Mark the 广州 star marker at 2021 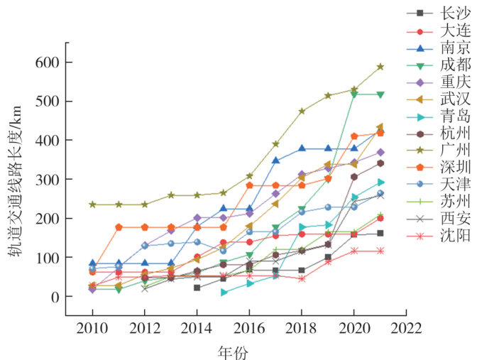(x=380, y=67)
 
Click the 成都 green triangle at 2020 (x=354, y=94)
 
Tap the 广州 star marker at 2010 (x=92, y=204)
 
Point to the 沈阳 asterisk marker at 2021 (x=380, y=251)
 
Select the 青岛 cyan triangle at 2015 (x=224, y=292)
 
